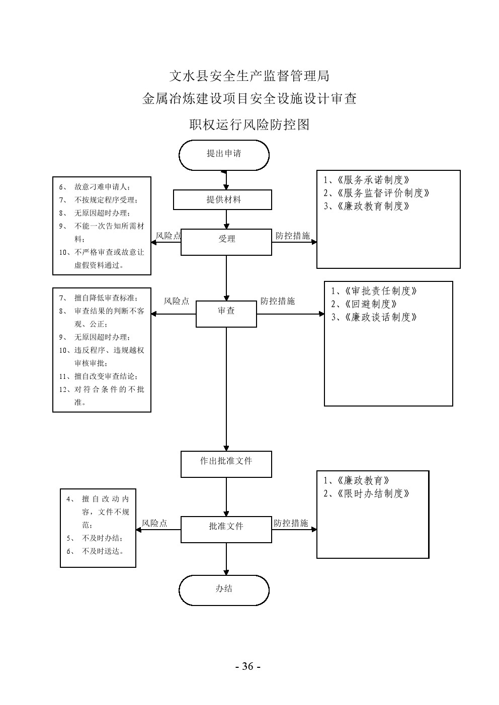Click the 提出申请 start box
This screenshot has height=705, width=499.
pyautogui.click(x=224, y=154)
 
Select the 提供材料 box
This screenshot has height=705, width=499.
pyautogui.click(x=222, y=199)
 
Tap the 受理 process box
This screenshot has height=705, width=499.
pyautogui.click(x=226, y=239)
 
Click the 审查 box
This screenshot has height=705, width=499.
pyautogui.click(x=226, y=311)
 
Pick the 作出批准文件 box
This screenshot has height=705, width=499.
pyautogui.click(x=226, y=461)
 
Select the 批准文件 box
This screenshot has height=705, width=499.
pyautogui.click(x=226, y=526)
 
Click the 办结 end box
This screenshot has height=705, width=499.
pyautogui.click(x=224, y=589)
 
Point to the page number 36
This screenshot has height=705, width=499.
pyautogui.click(x=247, y=666)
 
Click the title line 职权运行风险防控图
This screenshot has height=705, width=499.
pyautogui.click(x=249, y=124)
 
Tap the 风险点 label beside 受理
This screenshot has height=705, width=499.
pyautogui.click(x=169, y=235)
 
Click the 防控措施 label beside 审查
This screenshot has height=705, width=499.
pyautogui.click(x=278, y=301)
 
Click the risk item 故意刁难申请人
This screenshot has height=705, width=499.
pyautogui.click(x=102, y=187)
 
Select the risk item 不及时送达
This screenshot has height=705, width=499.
pyautogui.click(x=103, y=551)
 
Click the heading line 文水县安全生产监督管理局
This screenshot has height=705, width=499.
pyautogui.click(x=249, y=76)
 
